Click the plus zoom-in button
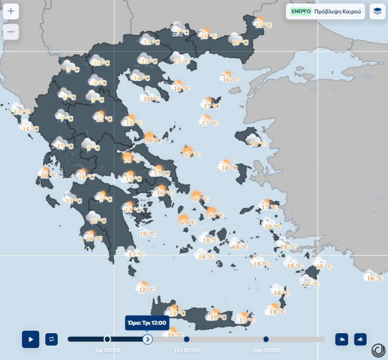(11, 11)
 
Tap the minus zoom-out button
(11, 32)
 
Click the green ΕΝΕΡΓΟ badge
(301, 11)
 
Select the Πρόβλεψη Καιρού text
(337, 11)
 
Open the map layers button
(377, 11)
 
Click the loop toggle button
(52, 339)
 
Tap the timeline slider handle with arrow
(148, 339)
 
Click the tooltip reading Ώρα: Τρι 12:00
(147, 323)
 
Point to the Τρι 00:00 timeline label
(107, 350)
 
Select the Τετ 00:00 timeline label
(187, 350)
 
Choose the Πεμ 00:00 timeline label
(266, 350)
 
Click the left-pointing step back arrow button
(342, 339)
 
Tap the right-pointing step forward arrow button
(360, 339)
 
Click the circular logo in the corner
(378, 350)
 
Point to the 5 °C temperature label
(73, 69)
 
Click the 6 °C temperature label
(69, 97)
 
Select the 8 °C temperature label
(100, 83)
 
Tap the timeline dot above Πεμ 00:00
(266, 339)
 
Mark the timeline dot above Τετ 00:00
(187, 339)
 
